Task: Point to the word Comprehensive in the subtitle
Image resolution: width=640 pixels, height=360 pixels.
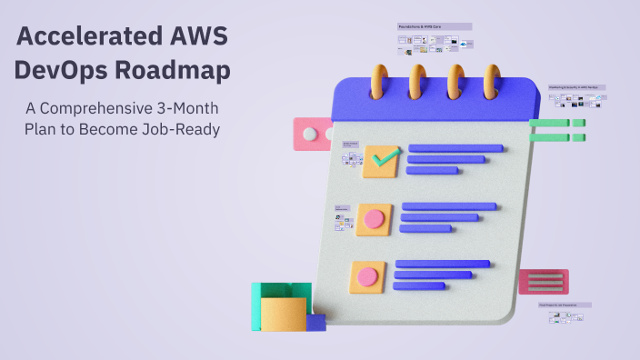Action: pos(95,108)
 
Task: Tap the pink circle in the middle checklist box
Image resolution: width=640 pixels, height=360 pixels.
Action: pos(374,219)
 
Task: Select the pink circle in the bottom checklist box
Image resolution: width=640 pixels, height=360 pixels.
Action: pos(367,275)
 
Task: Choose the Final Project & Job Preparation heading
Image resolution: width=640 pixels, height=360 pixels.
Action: pos(562,305)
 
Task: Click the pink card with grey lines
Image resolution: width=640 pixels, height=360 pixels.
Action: pos(543,282)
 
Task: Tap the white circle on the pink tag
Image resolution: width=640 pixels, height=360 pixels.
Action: pos(310,135)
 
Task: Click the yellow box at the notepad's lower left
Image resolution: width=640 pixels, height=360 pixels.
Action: pos(284,315)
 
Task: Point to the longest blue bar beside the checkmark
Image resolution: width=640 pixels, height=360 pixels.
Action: pos(455,148)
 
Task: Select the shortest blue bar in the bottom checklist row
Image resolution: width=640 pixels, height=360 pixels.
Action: pos(418,285)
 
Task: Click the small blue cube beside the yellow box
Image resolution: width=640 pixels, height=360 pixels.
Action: pos(315,322)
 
